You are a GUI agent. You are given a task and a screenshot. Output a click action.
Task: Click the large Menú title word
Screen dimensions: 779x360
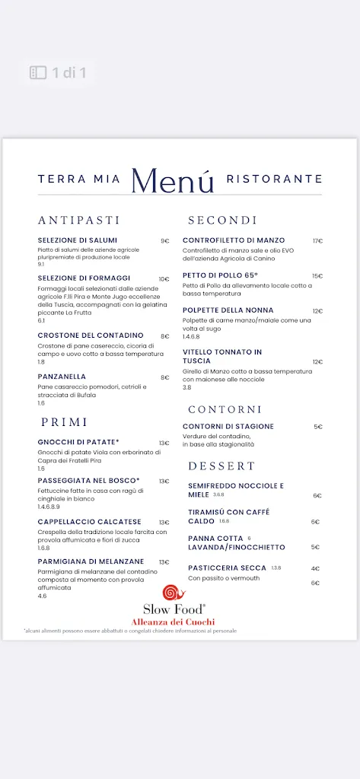[172, 180]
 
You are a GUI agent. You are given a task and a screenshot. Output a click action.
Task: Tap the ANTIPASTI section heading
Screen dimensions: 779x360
[79, 220]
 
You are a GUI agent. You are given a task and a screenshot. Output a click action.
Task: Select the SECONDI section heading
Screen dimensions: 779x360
[222, 220]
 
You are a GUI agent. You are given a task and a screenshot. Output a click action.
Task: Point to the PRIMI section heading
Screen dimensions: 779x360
[65, 421]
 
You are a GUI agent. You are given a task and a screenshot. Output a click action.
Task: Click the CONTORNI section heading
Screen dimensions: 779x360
[225, 409]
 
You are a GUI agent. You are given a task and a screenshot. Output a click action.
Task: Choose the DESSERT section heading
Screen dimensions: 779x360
[221, 466]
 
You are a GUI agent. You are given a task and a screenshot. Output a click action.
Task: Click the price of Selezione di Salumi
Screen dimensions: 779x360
[164, 241]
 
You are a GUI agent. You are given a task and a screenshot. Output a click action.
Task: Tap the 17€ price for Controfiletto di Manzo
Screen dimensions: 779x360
[317, 241]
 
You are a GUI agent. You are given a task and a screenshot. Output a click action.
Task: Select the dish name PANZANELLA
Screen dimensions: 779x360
[62, 377]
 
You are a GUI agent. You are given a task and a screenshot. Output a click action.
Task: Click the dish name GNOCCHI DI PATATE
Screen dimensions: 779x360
[78, 442]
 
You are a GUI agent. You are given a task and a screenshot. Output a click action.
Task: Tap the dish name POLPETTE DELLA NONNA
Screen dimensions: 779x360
[228, 310]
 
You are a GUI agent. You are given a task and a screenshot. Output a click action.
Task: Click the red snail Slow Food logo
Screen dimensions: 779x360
[174, 593]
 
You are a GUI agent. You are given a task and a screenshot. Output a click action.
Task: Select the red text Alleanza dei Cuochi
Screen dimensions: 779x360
[174, 622]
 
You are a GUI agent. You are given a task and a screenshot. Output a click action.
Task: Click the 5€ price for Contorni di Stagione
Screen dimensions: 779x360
[318, 427]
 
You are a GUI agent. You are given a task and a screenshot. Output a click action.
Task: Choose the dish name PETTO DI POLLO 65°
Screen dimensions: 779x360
[220, 275]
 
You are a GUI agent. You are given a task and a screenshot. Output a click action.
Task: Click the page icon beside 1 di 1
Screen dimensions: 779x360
[38, 73]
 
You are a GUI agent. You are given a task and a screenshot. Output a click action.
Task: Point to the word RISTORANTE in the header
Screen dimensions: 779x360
[274, 180]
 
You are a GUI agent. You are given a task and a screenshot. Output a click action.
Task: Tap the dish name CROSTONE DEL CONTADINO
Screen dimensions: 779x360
[90, 335]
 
